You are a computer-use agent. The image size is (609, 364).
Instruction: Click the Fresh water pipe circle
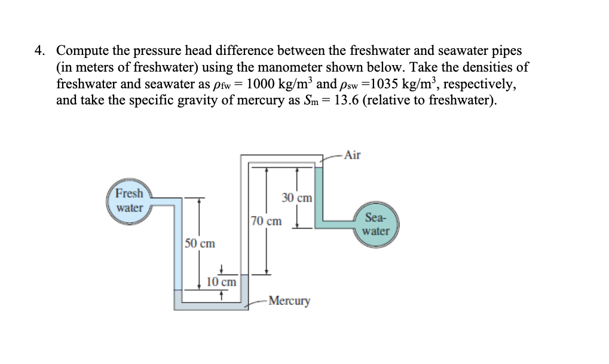point(129,201)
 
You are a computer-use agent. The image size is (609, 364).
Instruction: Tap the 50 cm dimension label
point(200,243)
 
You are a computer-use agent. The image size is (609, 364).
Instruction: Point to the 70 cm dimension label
point(266,221)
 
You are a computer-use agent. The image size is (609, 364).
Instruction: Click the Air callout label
point(353,156)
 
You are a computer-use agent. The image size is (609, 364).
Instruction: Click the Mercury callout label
point(289,301)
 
